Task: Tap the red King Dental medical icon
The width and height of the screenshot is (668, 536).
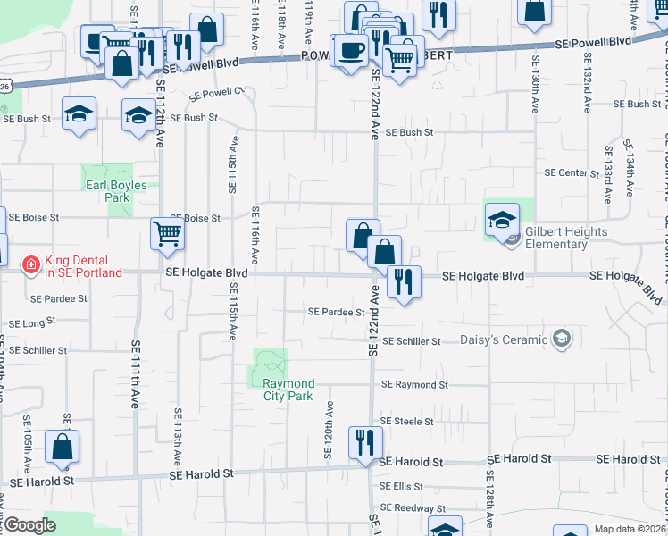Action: [30, 265]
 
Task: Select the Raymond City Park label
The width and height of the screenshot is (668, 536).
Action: [288, 389]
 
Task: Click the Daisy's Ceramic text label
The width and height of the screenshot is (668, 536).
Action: [503, 339]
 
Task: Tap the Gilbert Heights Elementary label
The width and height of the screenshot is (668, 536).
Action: [566, 238]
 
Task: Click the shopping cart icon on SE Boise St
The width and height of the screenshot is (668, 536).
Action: [168, 234]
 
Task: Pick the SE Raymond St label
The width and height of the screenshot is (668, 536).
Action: [413, 384]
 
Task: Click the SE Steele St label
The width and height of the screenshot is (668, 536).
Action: [406, 421]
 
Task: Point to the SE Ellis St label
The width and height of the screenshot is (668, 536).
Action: [401, 487]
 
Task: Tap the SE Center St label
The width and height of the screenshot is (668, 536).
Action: [572, 172]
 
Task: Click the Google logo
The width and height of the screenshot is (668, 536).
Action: [30, 525]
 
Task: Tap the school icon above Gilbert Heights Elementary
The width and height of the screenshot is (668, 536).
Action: [502, 218]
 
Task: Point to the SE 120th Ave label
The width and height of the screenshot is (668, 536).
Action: [330, 430]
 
